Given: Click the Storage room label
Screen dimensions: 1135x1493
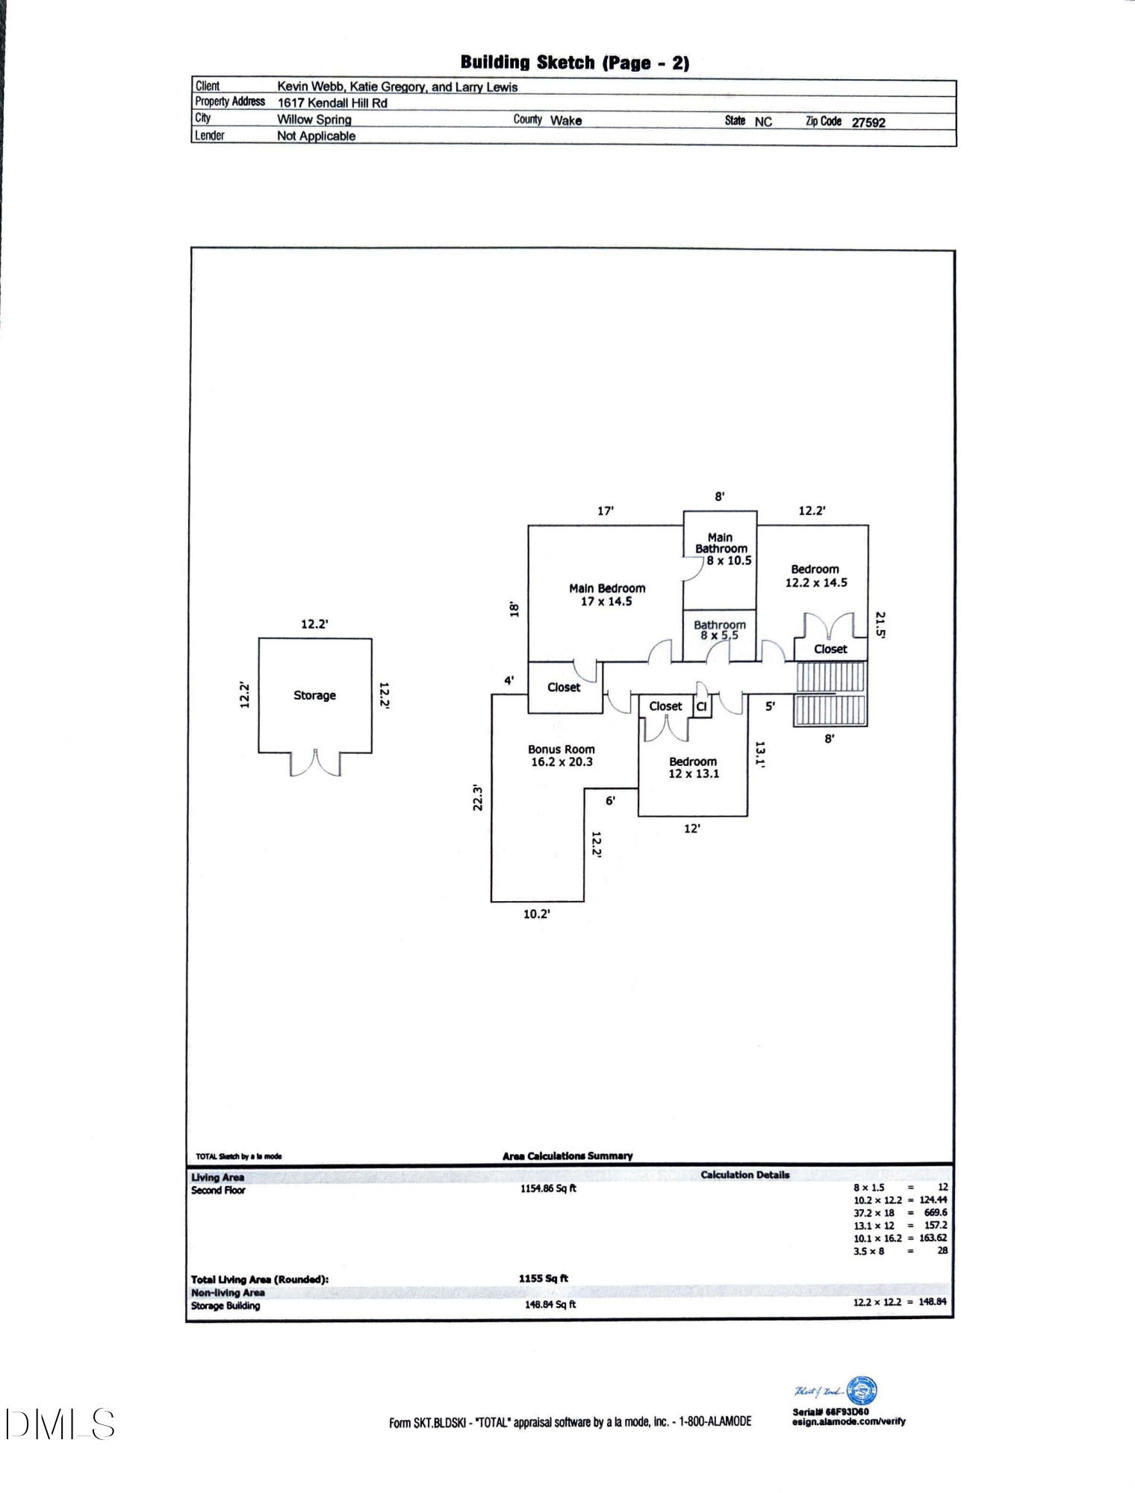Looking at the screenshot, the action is pyautogui.click(x=314, y=695).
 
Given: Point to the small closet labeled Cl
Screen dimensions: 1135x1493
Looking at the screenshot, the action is pyautogui.click(x=701, y=706).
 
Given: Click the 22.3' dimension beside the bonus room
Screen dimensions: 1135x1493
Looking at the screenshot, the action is pyautogui.click(x=479, y=797).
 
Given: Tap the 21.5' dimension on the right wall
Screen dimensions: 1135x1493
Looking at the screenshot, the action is pyautogui.click(x=880, y=625).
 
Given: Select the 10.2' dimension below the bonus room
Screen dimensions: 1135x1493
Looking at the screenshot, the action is pyautogui.click(x=536, y=914).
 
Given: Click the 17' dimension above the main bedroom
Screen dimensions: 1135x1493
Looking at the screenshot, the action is pyautogui.click(x=605, y=511).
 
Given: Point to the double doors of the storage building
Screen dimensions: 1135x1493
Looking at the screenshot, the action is pyautogui.click(x=315, y=763).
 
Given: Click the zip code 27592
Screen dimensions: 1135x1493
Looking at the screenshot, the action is pyautogui.click(x=868, y=122).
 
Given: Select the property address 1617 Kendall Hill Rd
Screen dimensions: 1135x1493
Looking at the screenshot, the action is pyautogui.click(x=332, y=103).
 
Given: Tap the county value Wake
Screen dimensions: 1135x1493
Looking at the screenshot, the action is pyautogui.click(x=566, y=120).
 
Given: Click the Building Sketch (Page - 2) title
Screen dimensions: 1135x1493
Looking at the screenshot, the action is pyautogui.click(x=574, y=63).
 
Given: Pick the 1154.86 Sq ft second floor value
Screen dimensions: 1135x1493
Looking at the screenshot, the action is pyautogui.click(x=548, y=1188).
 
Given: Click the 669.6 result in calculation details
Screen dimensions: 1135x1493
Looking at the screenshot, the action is pyautogui.click(x=935, y=1212).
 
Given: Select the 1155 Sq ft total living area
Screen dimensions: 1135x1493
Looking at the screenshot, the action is pyautogui.click(x=543, y=1278).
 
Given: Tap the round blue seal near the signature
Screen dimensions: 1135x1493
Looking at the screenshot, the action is pyautogui.click(x=863, y=1391).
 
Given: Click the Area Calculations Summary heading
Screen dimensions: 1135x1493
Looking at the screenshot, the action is pyautogui.click(x=567, y=1156).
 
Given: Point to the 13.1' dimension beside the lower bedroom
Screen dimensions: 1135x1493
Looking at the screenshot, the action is pyautogui.click(x=760, y=754).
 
